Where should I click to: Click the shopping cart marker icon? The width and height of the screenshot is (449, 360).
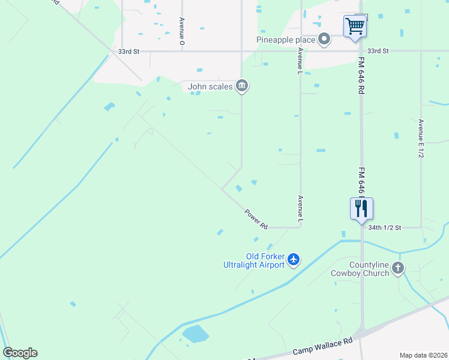pos(355,26)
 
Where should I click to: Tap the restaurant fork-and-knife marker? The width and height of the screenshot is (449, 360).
pos(361,209)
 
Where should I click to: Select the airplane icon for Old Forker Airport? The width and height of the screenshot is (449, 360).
pos(294,259)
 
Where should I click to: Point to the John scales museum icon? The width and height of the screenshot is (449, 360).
pos(242,86)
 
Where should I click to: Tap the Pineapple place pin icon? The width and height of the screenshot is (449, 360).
pos(324,40)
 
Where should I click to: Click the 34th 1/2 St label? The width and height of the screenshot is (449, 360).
pos(384,228)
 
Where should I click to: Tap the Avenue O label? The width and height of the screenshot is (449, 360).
pos(181,31)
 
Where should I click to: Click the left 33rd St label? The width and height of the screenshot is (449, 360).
pos(128,52)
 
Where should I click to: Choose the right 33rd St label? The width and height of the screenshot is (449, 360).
pos(378,52)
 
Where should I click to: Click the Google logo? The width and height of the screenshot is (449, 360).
pos(20,352)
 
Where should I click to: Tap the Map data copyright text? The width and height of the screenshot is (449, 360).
pos(424,355)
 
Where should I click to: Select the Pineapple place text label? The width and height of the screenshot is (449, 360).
pos(286,40)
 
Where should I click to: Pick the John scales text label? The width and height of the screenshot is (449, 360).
pos(210,86)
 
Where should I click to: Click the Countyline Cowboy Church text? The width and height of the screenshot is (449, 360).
pos(360,269)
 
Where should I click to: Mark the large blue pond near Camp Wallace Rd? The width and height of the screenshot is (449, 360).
pos(195,334)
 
